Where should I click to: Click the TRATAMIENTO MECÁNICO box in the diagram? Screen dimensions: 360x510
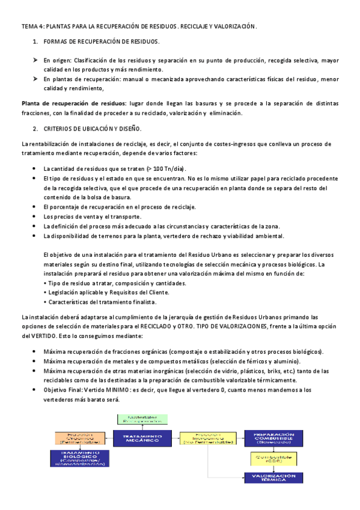(x=142, y=439)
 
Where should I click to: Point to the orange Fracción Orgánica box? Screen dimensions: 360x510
(x=79, y=438)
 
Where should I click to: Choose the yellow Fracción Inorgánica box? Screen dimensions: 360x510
(x=205, y=438)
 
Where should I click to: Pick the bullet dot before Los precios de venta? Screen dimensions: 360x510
(x=35, y=217)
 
